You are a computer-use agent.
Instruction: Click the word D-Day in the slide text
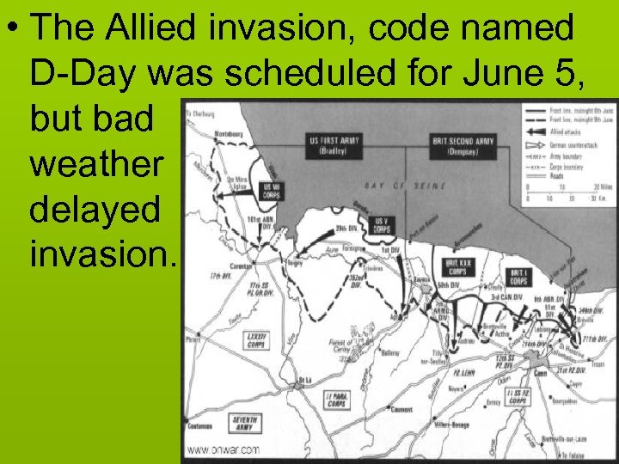pyautogui.click(x=84, y=75)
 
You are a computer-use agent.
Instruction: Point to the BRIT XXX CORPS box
pyautogui.click(x=457, y=267)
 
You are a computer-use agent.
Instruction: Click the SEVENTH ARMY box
pyautogui.click(x=244, y=424)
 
